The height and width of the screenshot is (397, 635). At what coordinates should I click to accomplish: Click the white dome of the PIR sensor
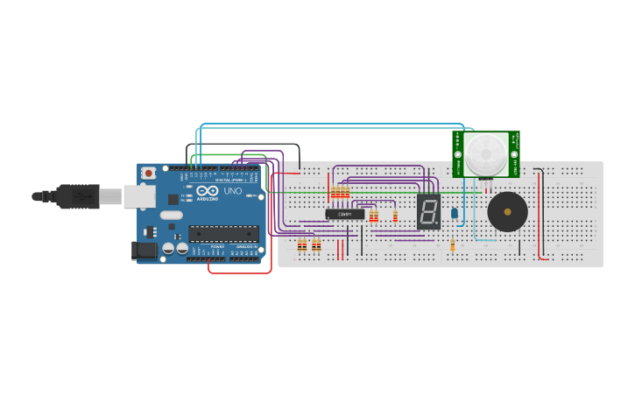point(484,154)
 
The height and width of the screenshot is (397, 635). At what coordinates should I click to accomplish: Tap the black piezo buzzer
point(507,211)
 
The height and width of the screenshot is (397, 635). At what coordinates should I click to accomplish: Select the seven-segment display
point(428,211)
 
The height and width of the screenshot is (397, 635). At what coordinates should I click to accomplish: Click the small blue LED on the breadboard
point(454,213)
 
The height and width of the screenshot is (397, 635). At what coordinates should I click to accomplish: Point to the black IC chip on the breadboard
point(345,214)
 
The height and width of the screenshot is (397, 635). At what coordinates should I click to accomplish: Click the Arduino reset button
point(149,174)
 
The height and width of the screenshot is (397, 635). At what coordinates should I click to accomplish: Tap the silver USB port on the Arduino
point(138,196)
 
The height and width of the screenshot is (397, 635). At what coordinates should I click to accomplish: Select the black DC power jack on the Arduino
point(144,251)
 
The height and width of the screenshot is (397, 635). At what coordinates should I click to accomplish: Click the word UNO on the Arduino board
point(233,191)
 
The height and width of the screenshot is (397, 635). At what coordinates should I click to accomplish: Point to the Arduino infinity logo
point(208,191)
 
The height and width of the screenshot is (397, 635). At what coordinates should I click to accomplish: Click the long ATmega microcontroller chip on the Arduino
point(223,233)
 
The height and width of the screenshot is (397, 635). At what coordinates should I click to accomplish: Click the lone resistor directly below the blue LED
point(452,246)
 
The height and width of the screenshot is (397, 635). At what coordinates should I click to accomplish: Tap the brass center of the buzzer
point(507,211)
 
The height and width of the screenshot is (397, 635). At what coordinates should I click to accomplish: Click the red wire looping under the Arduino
point(238,273)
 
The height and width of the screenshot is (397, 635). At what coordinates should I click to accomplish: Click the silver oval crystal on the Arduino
point(171,215)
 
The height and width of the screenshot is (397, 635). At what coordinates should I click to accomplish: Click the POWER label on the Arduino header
point(216,247)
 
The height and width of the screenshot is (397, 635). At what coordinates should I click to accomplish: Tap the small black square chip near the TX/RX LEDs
point(173,199)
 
